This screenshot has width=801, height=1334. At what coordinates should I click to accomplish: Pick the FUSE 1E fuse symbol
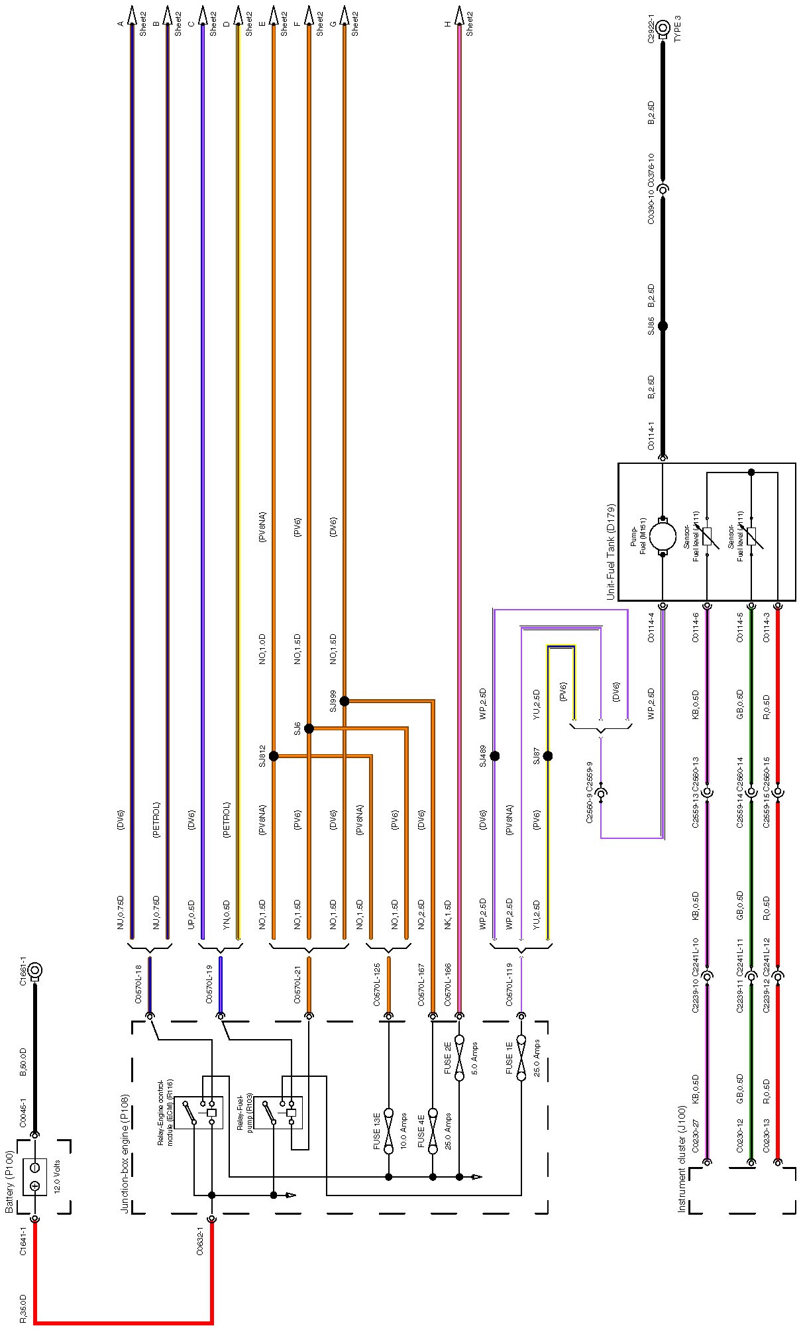click(x=521, y=1058)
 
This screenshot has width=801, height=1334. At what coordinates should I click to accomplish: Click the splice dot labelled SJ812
click(x=274, y=756)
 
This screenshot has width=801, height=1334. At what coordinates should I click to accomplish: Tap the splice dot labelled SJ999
click(x=345, y=701)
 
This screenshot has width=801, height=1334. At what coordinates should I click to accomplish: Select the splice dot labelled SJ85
click(x=663, y=326)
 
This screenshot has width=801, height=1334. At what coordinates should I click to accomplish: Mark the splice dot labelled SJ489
click(x=495, y=756)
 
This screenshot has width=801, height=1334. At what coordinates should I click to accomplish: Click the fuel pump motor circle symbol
click(x=663, y=537)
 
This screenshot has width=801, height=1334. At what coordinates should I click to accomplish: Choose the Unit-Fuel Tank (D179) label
click(x=611, y=553)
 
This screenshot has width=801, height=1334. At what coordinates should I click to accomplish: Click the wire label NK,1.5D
click(x=448, y=915)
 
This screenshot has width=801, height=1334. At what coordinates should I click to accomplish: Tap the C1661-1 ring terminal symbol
click(x=34, y=972)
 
